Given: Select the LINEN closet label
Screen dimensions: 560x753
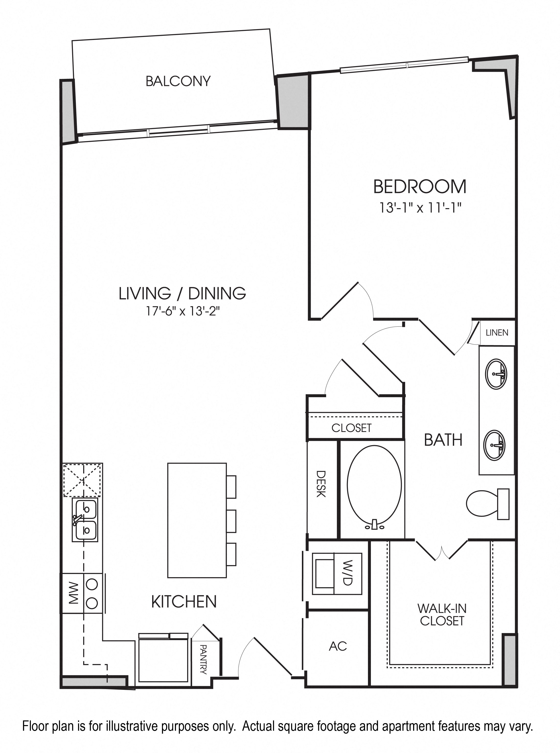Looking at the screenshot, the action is pyautogui.click(x=497, y=333).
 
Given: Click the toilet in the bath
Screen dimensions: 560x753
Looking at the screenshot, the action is pyautogui.click(x=488, y=504).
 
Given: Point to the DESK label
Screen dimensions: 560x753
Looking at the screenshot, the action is pyautogui.click(x=321, y=484).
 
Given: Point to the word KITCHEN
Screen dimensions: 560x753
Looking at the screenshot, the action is pyautogui.click(x=184, y=602).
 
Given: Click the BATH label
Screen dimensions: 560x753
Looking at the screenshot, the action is pyautogui.click(x=443, y=440).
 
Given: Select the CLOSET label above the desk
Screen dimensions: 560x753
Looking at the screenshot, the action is pyautogui.click(x=352, y=428).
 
